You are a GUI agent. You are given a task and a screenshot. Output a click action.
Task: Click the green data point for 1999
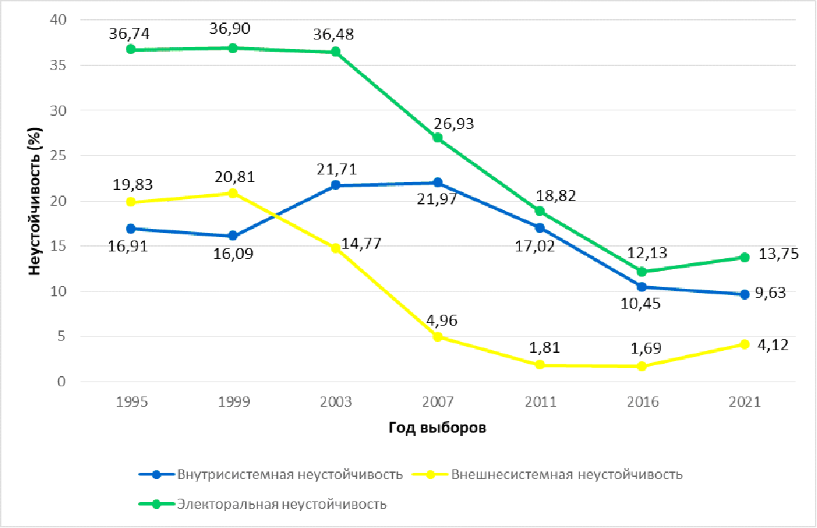coord(233,48)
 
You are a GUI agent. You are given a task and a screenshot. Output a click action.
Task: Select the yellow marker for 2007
coord(438,337)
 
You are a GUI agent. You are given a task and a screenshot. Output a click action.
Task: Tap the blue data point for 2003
coord(336,185)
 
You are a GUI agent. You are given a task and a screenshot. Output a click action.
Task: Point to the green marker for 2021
coord(745,257)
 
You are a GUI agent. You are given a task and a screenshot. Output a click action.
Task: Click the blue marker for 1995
coord(131,228)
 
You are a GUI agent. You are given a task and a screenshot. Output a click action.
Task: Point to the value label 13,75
coord(779,254)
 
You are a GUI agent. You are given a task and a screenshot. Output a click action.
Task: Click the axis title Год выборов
coord(438,428)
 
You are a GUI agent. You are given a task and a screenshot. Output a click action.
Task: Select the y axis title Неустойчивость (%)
coord(34,200)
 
